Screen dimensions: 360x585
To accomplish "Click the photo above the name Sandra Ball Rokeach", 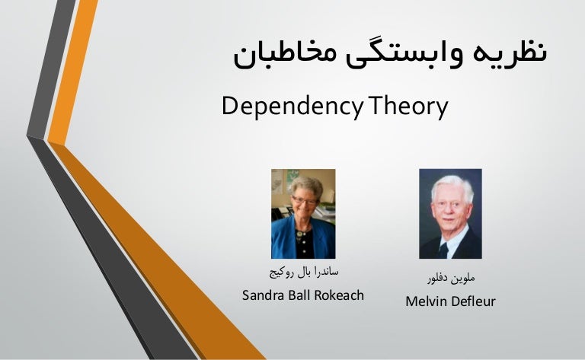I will (303, 213).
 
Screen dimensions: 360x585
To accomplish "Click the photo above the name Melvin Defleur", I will (450, 213).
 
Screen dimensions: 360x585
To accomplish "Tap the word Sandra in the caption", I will (262, 295).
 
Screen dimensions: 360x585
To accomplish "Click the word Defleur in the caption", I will (475, 302).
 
